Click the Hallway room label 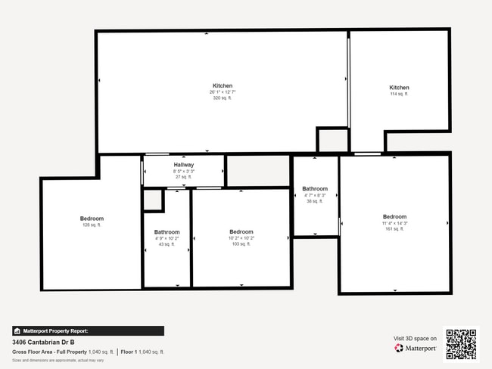pos(184,165)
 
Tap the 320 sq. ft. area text pos(223,98)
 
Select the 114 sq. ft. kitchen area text pos(399,94)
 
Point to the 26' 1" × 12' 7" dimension pos(223,92)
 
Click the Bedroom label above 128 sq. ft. pos(92,219)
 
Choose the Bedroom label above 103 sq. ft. pos(241,231)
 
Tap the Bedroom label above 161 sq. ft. pos(394,216)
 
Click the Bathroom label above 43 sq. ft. pos(167,232)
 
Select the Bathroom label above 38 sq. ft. pos(315,188)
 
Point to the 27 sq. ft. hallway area pos(184,177)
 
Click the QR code pos(461,343)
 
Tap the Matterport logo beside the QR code pos(415,349)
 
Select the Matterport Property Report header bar pos(88,331)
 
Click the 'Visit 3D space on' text pos(415,338)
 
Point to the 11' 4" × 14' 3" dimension pos(394,223)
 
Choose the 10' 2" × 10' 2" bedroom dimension pos(241,238)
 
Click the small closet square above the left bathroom pos(153,200)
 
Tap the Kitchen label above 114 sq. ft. pos(399,88)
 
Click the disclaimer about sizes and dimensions pos(58,360)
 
